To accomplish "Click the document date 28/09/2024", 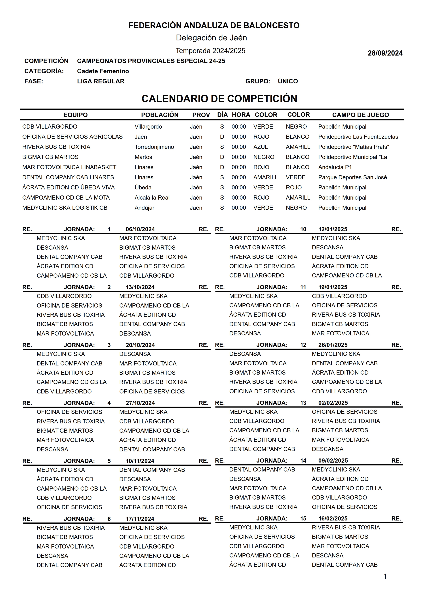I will pos(385,53).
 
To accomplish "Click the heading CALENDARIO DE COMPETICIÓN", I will pos(219,98).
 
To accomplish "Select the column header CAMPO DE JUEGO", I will pos(360,115).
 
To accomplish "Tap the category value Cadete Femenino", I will pos(103,71).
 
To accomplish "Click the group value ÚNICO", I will pos(288,81).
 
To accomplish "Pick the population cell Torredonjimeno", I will pos(154,147).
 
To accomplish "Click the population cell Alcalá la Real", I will pos(152,198).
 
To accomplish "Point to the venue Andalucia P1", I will pos(335,167).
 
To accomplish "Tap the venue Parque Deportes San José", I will pos(352,177).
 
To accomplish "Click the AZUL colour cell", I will pos(260,147).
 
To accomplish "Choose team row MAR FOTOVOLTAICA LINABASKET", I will pos(69,167).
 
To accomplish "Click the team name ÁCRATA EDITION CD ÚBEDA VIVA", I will pos(68,187).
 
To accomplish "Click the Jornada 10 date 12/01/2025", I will pos(333,229).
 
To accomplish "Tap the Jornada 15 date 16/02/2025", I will pos(333,518).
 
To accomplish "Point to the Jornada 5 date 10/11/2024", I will pos(140,461).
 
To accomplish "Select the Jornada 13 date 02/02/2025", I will pos(333,403).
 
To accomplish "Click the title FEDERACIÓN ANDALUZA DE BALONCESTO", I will pos(214,25).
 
